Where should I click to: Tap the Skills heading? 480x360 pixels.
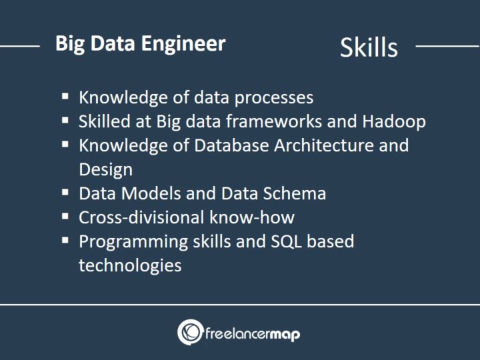(x=368, y=47)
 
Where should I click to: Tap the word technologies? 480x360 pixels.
(x=130, y=265)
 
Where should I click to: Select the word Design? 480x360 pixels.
(x=106, y=169)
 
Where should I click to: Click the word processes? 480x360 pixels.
(x=273, y=97)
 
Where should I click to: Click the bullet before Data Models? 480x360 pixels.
(x=65, y=193)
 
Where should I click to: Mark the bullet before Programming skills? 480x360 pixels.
(x=65, y=240)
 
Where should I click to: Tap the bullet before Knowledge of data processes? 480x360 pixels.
(x=65, y=96)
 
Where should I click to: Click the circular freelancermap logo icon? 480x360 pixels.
(x=191, y=332)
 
